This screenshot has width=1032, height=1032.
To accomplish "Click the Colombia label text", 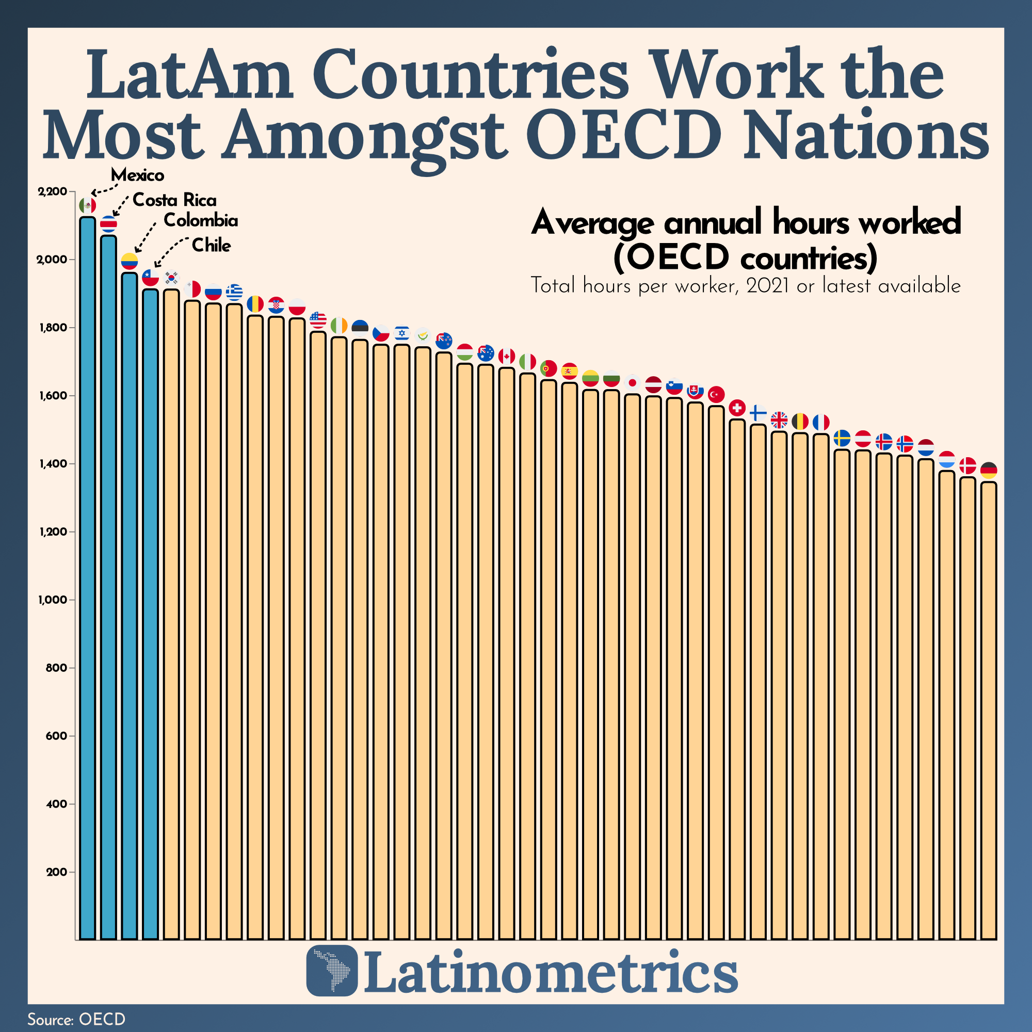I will [x=200, y=220].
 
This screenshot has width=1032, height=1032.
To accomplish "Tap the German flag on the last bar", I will [x=988, y=470].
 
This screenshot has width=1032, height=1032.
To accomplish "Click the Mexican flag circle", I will [x=87, y=205].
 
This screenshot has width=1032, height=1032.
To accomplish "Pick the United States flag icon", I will [x=318, y=320].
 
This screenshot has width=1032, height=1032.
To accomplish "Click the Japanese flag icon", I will [x=633, y=382].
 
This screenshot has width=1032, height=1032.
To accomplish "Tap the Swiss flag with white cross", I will [x=737, y=408].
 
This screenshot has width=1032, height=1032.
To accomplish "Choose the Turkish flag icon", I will [x=716, y=395].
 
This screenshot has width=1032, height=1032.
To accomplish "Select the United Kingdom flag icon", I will [x=779, y=421].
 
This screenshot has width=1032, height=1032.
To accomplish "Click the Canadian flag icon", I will [x=506, y=356].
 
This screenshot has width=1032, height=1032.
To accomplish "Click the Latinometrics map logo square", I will [x=332, y=971].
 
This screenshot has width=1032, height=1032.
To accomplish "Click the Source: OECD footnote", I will [x=76, y=1019].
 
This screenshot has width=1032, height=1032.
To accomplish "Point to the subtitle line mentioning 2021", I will [x=745, y=286].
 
